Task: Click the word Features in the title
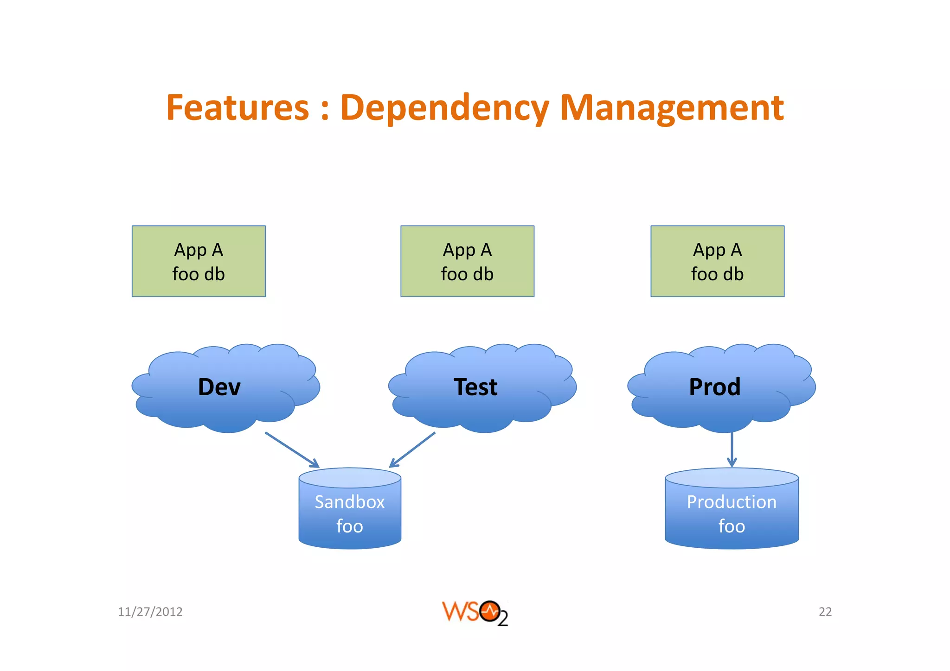237,108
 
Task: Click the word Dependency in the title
444,108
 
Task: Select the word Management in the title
672,108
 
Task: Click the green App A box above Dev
199,261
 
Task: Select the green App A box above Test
467,261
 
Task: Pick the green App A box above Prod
717,261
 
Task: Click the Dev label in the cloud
219,387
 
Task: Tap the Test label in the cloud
475,387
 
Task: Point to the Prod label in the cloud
714,387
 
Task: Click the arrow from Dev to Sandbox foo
292,449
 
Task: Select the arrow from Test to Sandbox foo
412,449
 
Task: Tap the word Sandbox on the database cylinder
350,502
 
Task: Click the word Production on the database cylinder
732,502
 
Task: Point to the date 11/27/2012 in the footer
150,612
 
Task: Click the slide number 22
825,612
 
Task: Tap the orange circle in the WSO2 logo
489,612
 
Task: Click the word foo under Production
732,526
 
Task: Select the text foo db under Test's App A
467,274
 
